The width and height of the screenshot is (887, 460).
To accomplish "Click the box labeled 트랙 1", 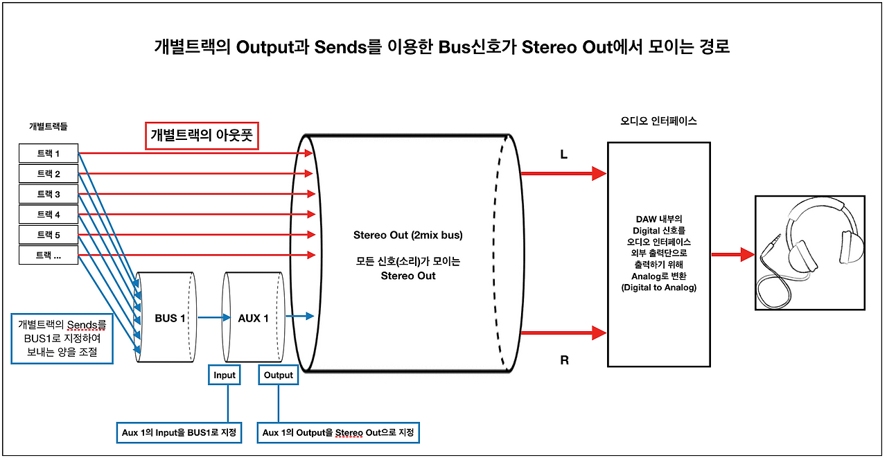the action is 49,153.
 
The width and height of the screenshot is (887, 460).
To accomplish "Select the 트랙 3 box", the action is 49,194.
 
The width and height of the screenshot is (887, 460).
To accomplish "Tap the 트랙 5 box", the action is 49,235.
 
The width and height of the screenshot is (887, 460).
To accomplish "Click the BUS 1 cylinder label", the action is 170,318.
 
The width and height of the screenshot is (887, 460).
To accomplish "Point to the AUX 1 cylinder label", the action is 253,318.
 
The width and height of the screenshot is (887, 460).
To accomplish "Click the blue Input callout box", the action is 225,375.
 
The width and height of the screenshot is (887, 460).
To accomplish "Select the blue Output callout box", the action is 279,375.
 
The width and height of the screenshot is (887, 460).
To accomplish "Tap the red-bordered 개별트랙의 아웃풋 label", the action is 202,136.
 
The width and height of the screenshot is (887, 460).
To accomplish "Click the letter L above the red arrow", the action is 564,154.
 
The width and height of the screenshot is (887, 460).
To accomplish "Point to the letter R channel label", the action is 564,360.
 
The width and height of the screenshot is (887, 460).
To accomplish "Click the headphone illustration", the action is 810,253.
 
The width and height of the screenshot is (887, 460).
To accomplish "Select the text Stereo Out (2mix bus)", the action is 408,235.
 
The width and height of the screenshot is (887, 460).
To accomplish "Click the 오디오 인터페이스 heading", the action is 658,121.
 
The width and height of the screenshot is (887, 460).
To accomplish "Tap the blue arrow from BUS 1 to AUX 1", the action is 214,317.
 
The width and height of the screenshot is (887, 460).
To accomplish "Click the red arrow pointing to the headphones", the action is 733,254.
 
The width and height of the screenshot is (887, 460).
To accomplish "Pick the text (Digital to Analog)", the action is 659,287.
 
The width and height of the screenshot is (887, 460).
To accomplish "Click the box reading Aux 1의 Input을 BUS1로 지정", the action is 179,433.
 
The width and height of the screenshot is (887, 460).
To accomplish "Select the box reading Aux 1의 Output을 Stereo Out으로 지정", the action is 338,433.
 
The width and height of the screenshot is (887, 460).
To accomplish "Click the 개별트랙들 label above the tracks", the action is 49,127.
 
